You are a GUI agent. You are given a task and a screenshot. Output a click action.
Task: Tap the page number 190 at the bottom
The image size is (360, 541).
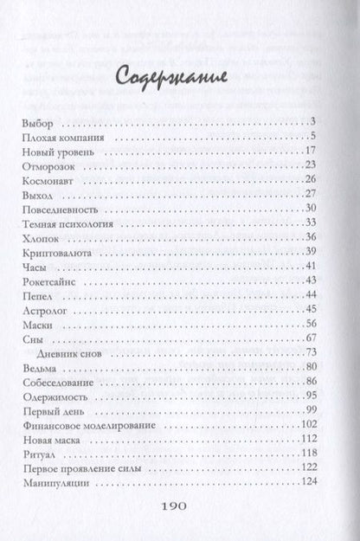click(x=180, y=511)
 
